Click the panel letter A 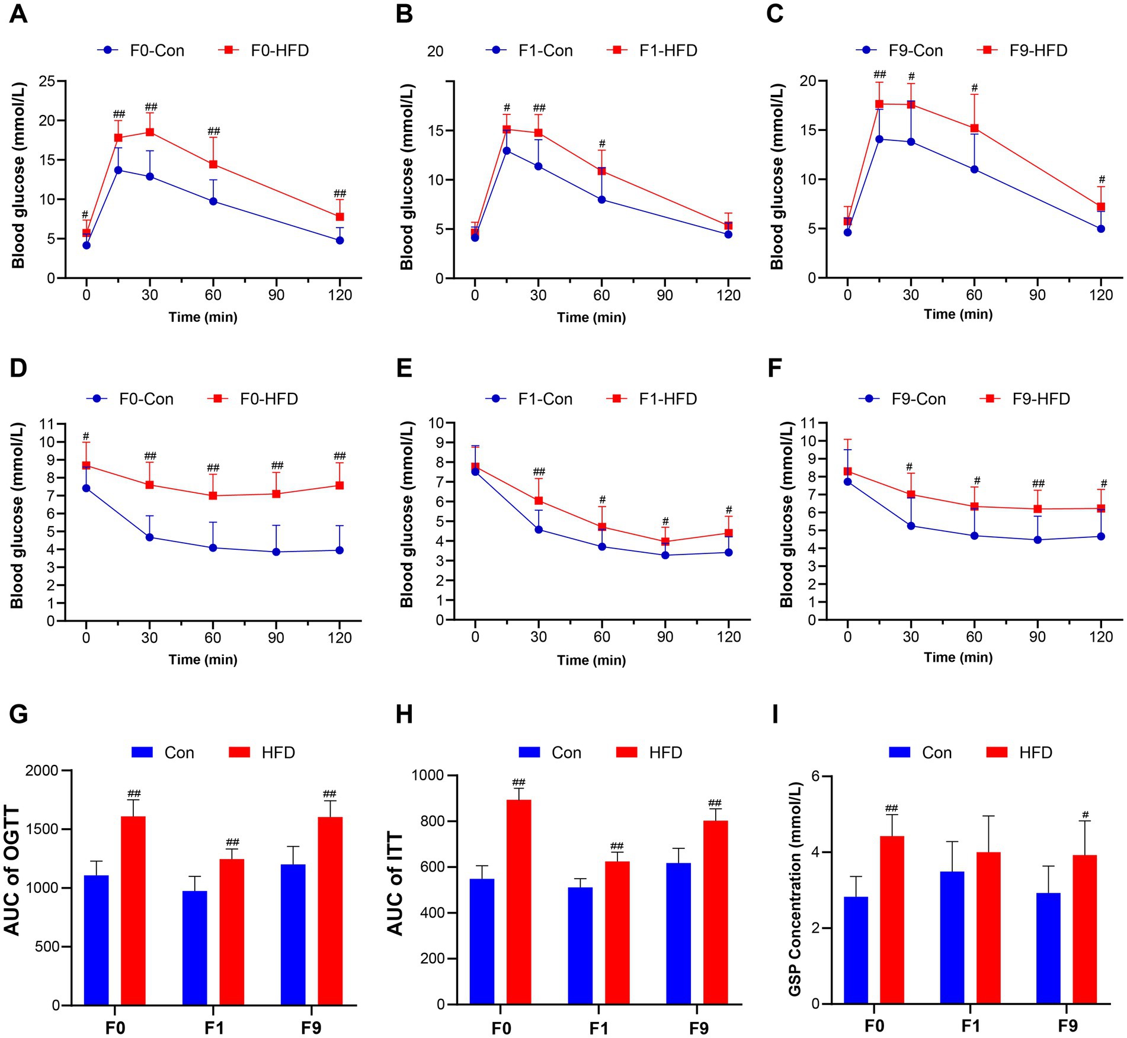point(18,14)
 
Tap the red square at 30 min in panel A point(150,132)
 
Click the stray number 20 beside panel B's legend point(435,52)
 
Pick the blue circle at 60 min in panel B point(601,200)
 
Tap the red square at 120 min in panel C point(1101,207)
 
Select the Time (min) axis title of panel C point(958,314)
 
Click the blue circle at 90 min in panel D point(276,552)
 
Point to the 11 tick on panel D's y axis point(47,424)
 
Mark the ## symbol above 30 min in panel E point(539,472)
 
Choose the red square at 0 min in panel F point(847,472)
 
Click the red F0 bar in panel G point(133,911)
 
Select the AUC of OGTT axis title point(13,870)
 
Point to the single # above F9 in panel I point(1085,815)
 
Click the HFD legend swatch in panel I point(997,752)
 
